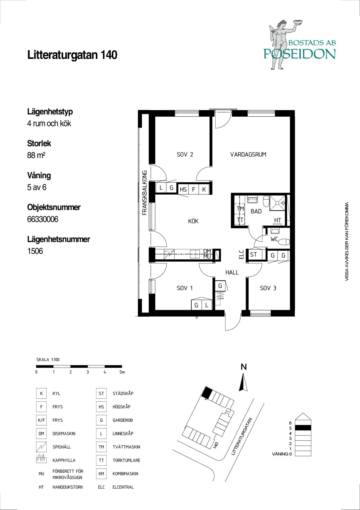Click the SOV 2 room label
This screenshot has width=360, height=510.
tap(185, 154)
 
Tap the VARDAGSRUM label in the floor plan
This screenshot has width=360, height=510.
tap(248, 154)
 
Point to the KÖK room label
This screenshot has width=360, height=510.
tap(193, 221)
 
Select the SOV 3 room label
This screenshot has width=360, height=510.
tap(268, 288)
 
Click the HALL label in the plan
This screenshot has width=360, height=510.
tap(232, 272)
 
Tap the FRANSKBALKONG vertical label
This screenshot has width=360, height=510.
tap(145, 193)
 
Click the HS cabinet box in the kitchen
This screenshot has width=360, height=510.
tap(183, 189)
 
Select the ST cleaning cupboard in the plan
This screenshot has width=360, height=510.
tap(254, 254)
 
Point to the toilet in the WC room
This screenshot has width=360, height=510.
tap(284, 241)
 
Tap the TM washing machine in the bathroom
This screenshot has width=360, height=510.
tap(240, 209)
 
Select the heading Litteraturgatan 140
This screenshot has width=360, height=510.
tap(72, 55)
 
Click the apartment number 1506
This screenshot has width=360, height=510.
tap(35, 251)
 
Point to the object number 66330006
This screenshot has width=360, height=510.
tap(43, 219)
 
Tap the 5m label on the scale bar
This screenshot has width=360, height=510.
tap(122, 372)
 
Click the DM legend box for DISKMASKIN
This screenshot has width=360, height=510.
tap(41, 433)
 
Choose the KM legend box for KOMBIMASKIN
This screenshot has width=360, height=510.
tap(101, 474)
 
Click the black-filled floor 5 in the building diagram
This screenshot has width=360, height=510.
tap(303, 427)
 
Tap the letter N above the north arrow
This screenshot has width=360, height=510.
tap(244, 367)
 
